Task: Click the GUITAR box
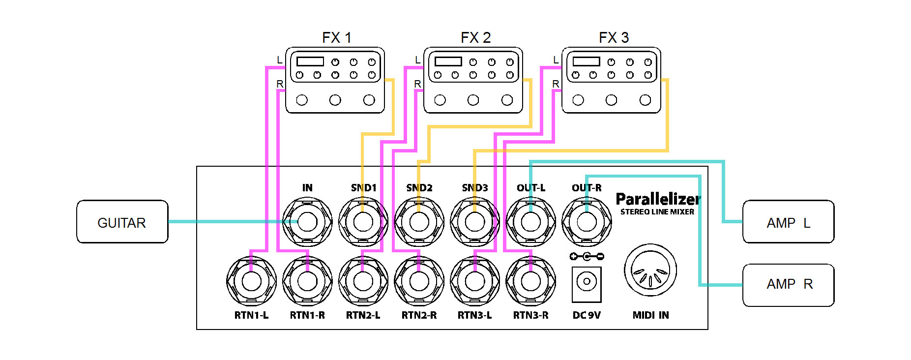pyautogui.click(x=122, y=222)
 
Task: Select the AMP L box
pyautogui.click(x=788, y=222)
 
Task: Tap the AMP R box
pyautogui.click(x=788, y=285)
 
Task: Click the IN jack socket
pyautogui.click(x=307, y=222)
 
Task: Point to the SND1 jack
pyautogui.click(x=363, y=222)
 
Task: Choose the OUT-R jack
pyautogui.click(x=587, y=222)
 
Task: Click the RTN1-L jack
pyautogui.click(x=251, y=281)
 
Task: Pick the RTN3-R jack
pyautogui.click(x=530, y=281)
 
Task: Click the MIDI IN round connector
pyautogui.click(x=650, y=270)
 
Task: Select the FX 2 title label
pyautogui.click(x=475, y=38)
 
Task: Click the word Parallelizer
pyautogui.click(x=658, y=199)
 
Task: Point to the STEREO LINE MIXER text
pyautogui.click(x=657, y=212)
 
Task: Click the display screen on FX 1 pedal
pyautogui.click(x=310, y=61)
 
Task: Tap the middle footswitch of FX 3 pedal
pyautogui.click(x=611, y=100)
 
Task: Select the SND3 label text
pyautogui.click(x=474, y=188)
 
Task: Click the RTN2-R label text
pyautogui.click(x=419, y=315)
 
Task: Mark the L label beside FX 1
pyautogui.click(x=280, y=60)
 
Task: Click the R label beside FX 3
pyautogui.click(x=556, y=84)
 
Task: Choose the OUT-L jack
pyautogui.click(x=530, y=222)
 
